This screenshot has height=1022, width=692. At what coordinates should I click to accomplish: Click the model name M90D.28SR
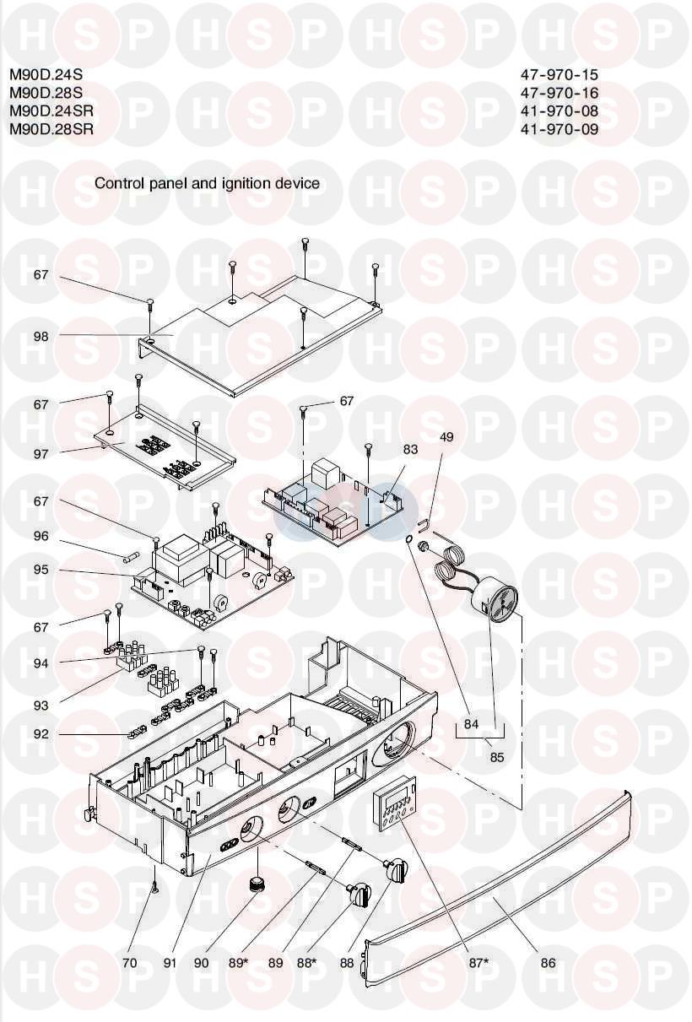pyautogui.click(x=51, y=129)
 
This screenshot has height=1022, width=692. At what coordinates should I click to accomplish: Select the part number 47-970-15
pyautogui.click(x=560, y=74)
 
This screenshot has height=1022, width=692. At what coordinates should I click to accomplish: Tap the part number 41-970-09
pyautogui.click(x=560, y=129)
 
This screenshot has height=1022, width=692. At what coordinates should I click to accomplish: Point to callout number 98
pyautogui.click(x=41, y=336)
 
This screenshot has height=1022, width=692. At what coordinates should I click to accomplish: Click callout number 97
pyautogui.click(x=41, y=454)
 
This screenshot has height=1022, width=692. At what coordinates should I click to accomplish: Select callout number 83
pyautogui.click(x=410, y=450)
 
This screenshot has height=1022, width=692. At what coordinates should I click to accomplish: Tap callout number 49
pyautogui.click(x=446, y=437)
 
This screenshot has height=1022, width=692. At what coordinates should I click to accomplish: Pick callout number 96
pyautogui.click(x=41, y=536)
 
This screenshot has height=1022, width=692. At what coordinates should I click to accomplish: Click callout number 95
pyautogui.click(x=41, y=570)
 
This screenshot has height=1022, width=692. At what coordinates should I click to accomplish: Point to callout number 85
pyautogui.click(x=496, y=758)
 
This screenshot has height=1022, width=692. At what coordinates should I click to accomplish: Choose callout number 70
pyautogui.click(x=129, y=962)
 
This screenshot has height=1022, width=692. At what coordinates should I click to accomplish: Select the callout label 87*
pyautogui.click(x=480, y=962)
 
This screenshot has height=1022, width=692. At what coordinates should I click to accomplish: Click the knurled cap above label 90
pyautogui.click(x=256, y=884)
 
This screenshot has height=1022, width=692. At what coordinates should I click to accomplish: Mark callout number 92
pyautogui.click(x=41, y=734)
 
